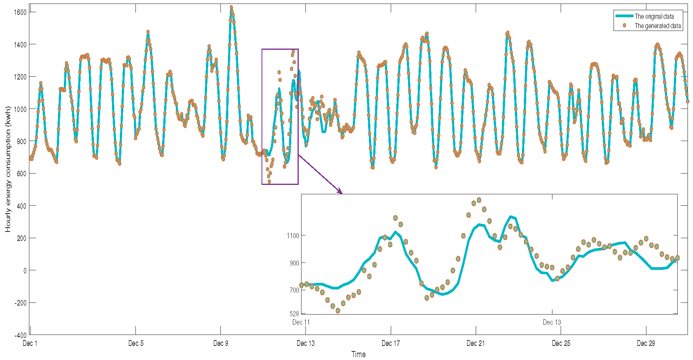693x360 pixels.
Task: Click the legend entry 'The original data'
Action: [654, 16]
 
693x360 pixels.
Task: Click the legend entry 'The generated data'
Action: [657, 26]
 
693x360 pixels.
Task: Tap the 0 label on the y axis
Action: [25, 270]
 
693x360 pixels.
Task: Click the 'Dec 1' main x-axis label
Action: [30, 344]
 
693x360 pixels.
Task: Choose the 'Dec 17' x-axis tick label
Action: [391, 344]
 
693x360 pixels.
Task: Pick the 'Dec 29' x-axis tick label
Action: [646, 344]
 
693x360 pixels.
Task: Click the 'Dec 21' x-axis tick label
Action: [476, 344]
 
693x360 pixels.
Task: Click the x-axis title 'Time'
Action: [358, 355]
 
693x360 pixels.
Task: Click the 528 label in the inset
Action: [294, 314]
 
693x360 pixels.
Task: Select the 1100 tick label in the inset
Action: [293, 236]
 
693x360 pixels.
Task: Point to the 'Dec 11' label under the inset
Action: [301, 322]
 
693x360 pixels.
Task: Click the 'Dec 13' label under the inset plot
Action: [552, 322]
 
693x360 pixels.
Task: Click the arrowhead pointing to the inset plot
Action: [340, 192]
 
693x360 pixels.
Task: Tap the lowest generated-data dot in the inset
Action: [338, 311]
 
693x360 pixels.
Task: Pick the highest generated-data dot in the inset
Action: [479, 200]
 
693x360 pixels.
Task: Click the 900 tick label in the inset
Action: [294, 263]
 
